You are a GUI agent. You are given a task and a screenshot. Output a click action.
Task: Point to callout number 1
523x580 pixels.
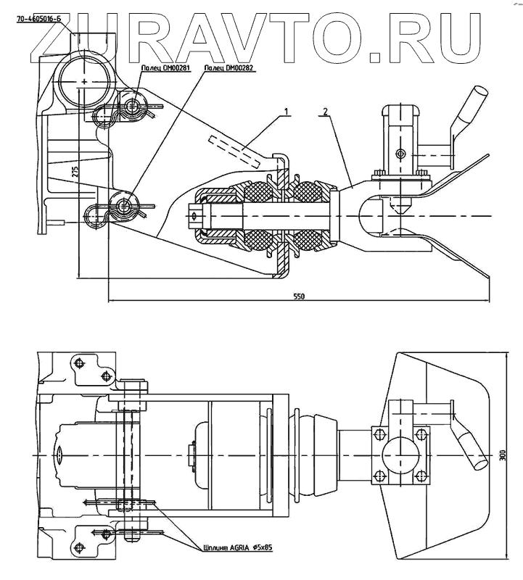point(288,112)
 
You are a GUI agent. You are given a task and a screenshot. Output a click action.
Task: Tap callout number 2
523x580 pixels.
point(326,112)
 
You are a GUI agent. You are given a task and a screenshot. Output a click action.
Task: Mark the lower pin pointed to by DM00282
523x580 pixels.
point(126,206)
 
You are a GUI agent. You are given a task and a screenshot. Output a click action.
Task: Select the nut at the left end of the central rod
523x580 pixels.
point(195,215)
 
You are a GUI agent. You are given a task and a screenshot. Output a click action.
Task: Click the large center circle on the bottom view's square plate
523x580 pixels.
point(399,455)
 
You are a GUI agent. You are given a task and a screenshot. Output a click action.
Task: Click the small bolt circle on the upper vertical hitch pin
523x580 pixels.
point(400,153)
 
